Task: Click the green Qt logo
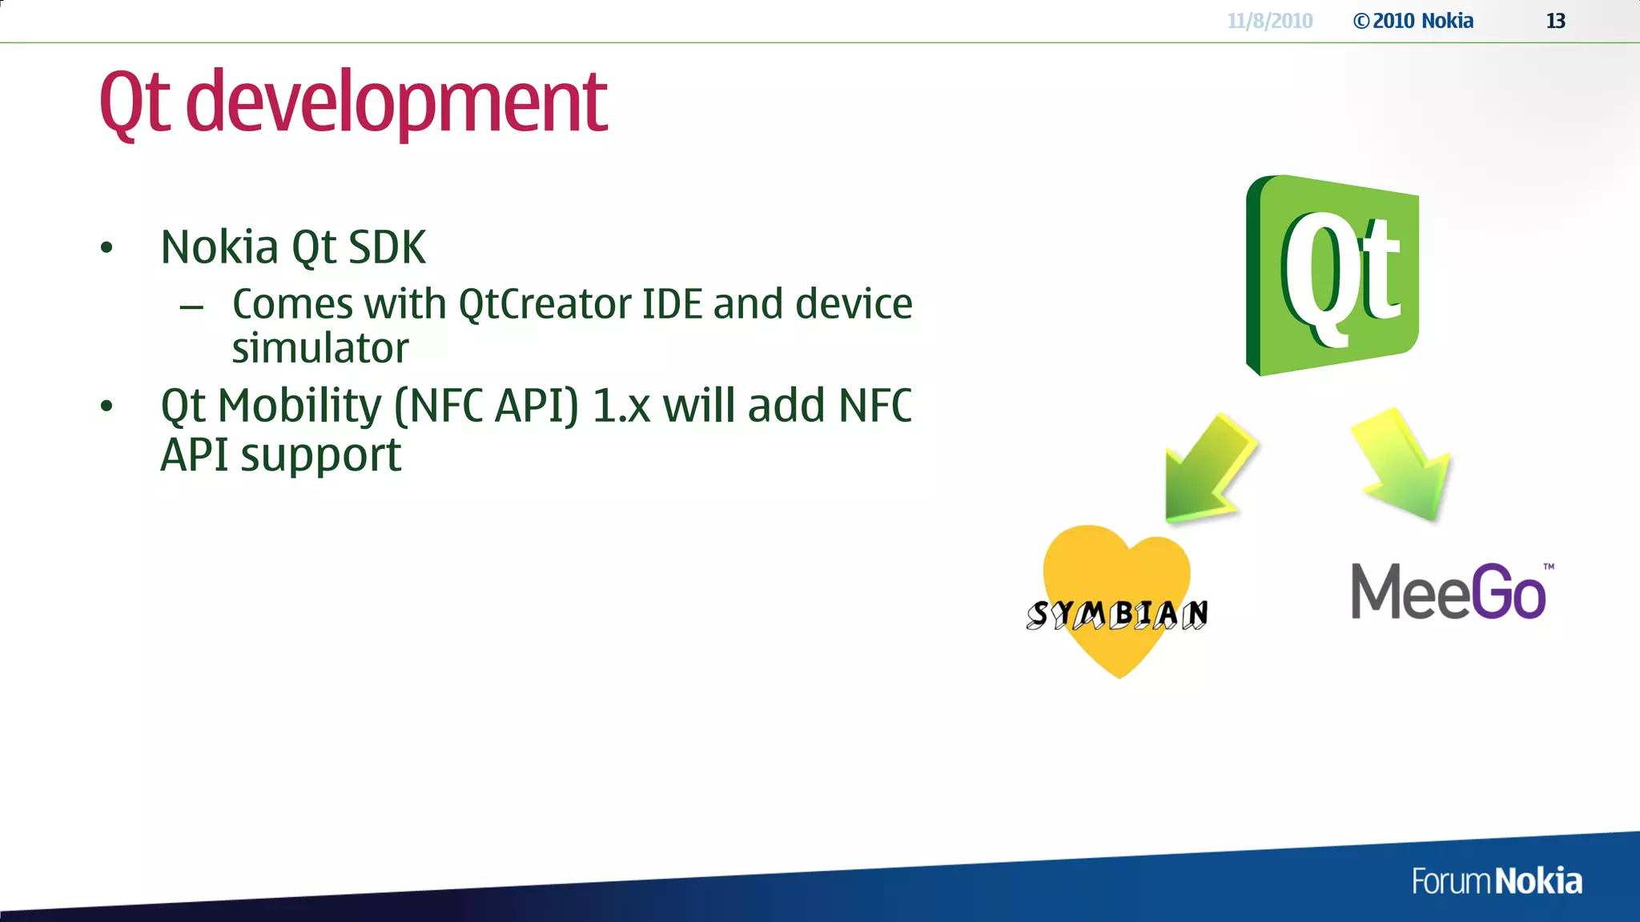point(1332,275)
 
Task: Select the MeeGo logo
point(1449,592)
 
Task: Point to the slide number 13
point(1555,21)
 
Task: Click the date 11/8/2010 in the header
point(1270,21)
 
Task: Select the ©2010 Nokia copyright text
point(1413,21)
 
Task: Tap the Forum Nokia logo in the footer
point(1497,881)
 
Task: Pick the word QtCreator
point(544,304)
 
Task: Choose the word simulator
point(320,348)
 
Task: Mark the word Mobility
point(300,406)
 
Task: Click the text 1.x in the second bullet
point(621,406)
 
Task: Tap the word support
point(320,455)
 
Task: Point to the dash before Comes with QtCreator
point(191,307)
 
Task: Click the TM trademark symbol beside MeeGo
point(1549,567)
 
